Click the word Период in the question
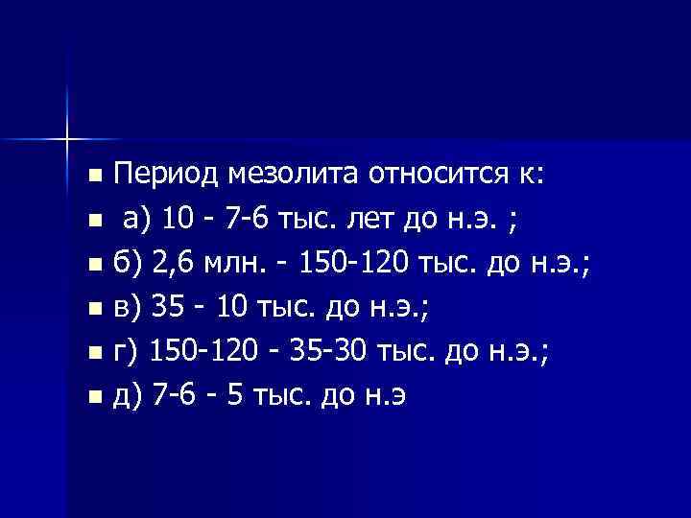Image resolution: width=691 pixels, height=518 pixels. (x=168, y=177)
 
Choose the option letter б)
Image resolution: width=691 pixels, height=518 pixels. (x=129, y=265)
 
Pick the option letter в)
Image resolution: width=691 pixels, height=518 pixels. (x=129, y=309)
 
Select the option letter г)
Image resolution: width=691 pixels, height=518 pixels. (x=127, y=353)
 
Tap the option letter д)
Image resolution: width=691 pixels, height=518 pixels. (x=129, y=397)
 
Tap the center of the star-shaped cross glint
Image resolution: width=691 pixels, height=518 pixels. (x=67, y=137)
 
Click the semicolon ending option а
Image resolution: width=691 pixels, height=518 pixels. (x=518, y=223)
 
